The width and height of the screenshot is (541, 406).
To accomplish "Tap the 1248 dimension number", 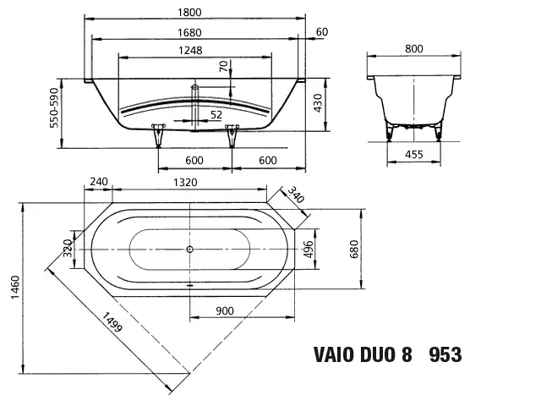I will point(190,51).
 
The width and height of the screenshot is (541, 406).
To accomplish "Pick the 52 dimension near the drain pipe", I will point(216,114).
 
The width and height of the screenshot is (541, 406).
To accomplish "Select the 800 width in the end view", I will point(413,49).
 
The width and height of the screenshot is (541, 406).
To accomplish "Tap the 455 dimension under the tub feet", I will point(413,155).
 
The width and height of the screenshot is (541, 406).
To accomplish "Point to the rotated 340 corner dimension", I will point(296,195).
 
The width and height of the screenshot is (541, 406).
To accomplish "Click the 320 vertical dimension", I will point(68,250).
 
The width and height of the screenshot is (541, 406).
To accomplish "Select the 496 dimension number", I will point(309,250).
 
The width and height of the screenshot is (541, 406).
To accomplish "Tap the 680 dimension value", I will point(355,250).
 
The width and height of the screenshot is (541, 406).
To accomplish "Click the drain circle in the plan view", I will point(189,250).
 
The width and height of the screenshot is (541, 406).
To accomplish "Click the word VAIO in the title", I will point(336,354).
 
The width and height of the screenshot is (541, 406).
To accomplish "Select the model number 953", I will point(445,354).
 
